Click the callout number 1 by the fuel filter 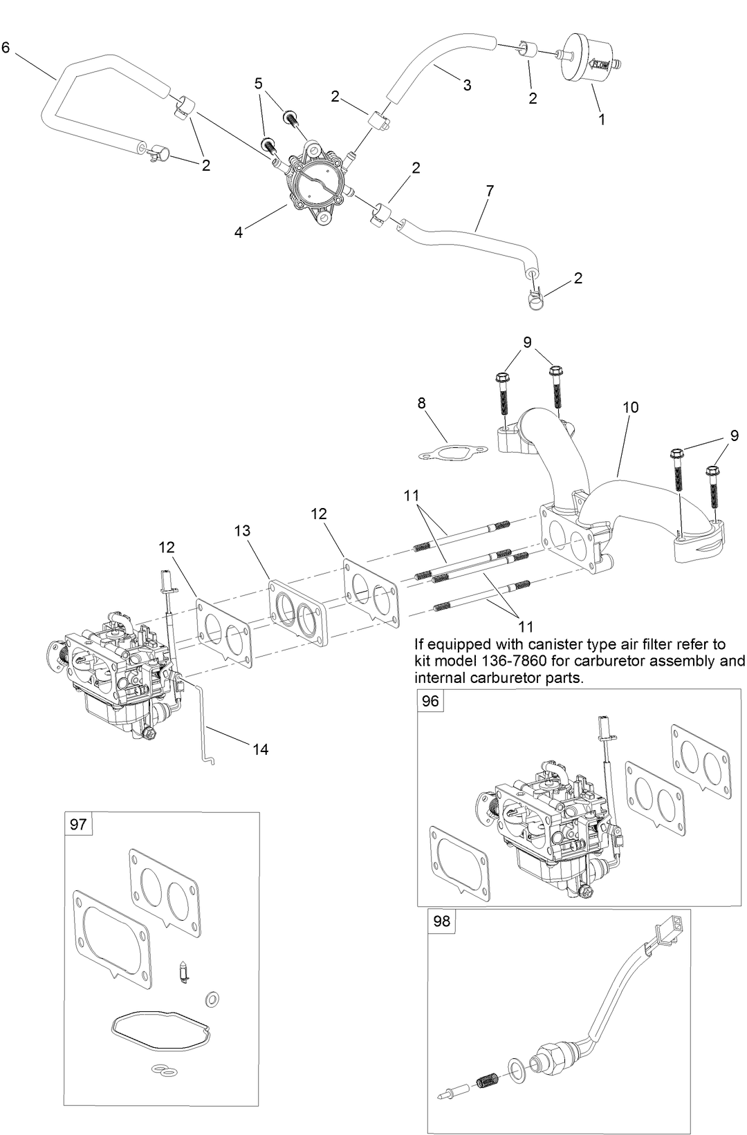pos(602,119)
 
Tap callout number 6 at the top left pos(6,48)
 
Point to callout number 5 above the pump pos(259,84)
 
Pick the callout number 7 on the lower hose pos(490,191)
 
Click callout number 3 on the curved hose pos(467,85)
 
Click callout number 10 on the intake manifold pos(630,407)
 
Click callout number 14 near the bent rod pos(260,749)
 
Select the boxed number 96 pos(430,701)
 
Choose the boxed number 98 pos(441,921)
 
